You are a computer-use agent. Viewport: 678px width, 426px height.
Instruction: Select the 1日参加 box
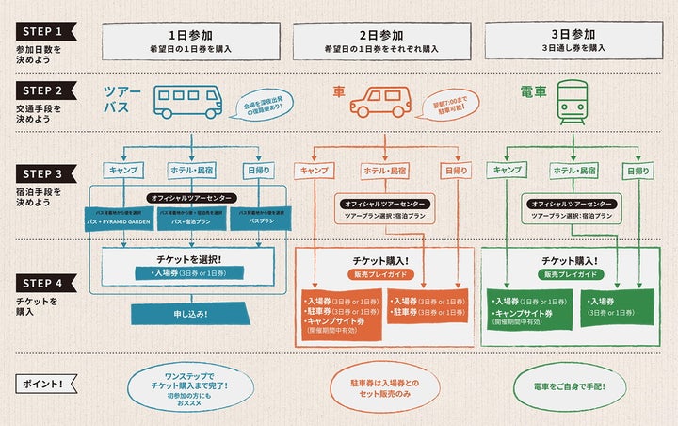(x=193, y=41)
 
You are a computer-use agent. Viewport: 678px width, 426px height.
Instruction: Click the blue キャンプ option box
(x=124, y=170)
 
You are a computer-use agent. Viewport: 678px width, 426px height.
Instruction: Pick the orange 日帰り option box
(x=456, y=171)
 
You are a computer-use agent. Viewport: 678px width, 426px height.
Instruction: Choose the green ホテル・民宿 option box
(x=574, y=171)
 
